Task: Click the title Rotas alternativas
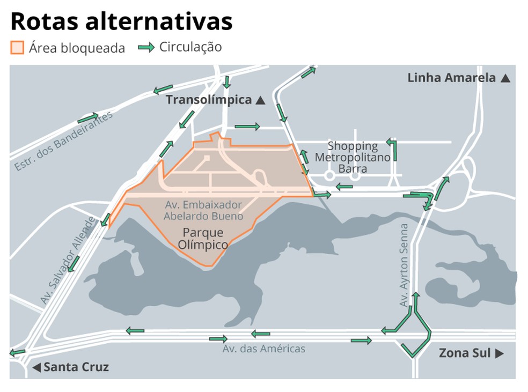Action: click(121, 21)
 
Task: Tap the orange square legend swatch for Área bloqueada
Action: click(17, 48)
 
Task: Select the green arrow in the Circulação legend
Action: click(146, 47)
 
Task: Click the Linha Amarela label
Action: click(451, 78)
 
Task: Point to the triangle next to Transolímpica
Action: click(260, 100)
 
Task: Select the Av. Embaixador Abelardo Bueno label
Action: click(204, 210)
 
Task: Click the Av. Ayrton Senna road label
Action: click(404, 265)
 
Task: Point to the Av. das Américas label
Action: click(264, 349)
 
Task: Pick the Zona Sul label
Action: click(465, 353)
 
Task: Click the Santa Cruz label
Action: click(76, 367)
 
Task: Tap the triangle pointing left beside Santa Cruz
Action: click(36, 368)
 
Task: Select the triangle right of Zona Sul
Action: click(499, 353)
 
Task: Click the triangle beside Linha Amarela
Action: click(505, 78)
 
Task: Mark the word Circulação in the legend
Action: click(190, 47)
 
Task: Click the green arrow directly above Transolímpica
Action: click(227, 82)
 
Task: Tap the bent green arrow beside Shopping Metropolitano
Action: click(393, 150)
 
